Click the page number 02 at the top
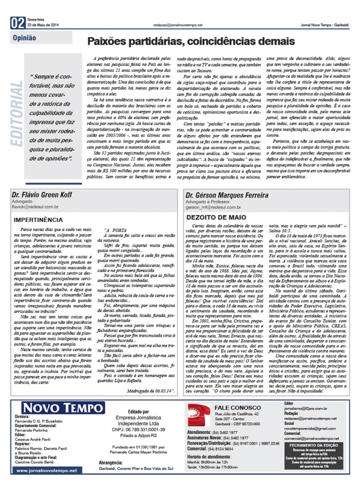pos(18,23)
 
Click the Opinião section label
pos(24,38)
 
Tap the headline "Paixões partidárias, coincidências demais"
pos(191,41)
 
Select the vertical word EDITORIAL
pos(17,114)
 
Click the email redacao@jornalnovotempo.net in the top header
pos(178,25)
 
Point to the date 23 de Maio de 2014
pos(43,25)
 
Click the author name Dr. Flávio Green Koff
pos(42,195)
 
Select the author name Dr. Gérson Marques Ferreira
pos(227,195)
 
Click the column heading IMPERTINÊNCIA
pos(38,220)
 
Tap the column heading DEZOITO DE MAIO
pos(216,217)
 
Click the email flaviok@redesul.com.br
pos(35,207)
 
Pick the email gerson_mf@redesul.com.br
pos(213,207)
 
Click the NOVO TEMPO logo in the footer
pos(63,408)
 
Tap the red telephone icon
pos(199,415)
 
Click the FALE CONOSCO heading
pos(238,408)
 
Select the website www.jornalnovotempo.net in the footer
pos(47,471)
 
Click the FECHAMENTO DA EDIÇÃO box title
pos(313,445)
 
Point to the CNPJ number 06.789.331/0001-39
pos(138,430)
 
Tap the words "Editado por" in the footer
pos(138,411)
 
